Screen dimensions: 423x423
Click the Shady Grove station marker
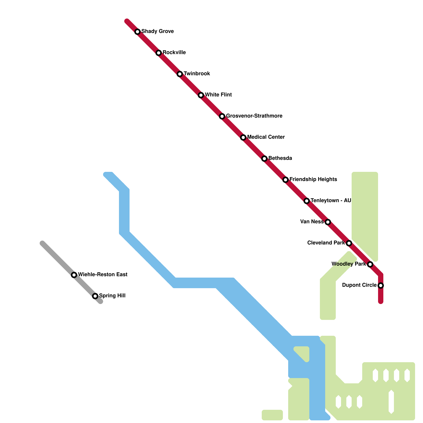(x=137, y=32)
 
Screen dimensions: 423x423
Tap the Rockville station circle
(x=159, y=53)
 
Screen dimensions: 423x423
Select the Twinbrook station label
(x=197, y=73)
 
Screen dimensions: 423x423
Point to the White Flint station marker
(x=201, y=95)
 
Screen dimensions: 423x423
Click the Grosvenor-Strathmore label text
(x=254, y=116)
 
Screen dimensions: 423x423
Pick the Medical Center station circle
(x=243, y=137)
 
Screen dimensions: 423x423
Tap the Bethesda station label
(x=280, y=158)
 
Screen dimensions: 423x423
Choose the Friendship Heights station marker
(x=286, y=180)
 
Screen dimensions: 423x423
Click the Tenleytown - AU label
(x=331, y=200)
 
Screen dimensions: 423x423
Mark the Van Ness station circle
(x=328, y=222)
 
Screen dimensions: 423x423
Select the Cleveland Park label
(x=326, y=243)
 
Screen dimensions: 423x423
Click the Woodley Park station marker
(x=370, y=264)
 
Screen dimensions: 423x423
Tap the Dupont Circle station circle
(x=381, y=286)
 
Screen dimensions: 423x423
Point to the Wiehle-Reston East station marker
(x=74, y=275)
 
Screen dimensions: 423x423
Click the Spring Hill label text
(x=112, y=296)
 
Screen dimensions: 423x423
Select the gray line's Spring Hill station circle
(x=95, y=296)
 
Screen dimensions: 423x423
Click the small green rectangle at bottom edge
(x=272, y=415)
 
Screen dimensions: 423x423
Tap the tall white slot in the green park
(x=391, y=402)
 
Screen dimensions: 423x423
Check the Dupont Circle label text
(x=359, y=285)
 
